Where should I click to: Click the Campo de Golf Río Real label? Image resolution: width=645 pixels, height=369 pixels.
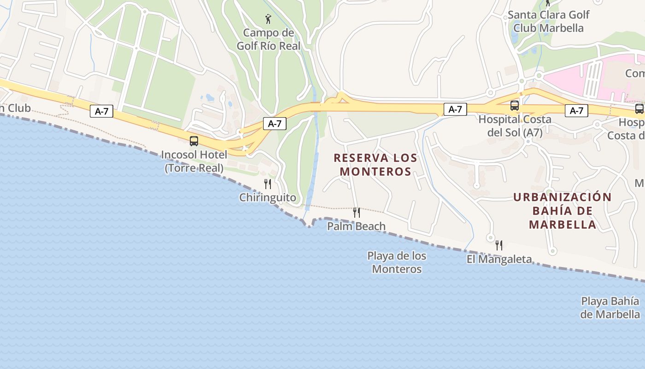click(268, 39)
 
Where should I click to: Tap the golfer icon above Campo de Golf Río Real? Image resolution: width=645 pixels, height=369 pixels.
click(268, 19)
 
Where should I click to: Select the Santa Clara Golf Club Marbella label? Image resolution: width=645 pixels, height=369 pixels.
click(548, 21)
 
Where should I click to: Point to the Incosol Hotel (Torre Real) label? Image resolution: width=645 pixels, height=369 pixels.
click(194, 161)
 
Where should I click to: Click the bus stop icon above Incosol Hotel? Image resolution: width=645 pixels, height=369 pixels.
click(194, 141)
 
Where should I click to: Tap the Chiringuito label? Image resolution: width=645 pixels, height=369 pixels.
click(268, 197)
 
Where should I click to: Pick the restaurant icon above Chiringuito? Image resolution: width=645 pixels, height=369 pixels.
click(268, 184)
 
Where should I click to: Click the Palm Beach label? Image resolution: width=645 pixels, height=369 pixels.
click(356, 226)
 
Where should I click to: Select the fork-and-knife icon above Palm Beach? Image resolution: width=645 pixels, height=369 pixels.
click(356, 213)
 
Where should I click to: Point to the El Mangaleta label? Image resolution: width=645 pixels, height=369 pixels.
click(499, 259)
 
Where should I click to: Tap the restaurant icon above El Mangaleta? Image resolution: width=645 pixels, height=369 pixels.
click(499, 245)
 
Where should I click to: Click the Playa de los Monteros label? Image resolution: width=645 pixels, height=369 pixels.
click(397, 262)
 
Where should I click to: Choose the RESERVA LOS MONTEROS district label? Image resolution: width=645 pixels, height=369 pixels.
click(375, 165)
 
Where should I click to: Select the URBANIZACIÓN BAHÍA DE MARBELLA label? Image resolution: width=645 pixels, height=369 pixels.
click(563, 211)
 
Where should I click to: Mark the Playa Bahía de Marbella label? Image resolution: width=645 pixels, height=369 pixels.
click(610, 308)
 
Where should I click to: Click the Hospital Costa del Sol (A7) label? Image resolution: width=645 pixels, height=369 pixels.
click(515, 126)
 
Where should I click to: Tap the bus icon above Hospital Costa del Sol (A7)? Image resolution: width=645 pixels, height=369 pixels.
click(515, 106)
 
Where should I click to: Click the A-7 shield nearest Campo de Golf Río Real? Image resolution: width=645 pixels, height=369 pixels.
click(275, 124)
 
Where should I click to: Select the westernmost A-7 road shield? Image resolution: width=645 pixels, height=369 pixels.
click(101, 111)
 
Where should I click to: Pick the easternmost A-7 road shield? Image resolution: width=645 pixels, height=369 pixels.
click(576, 111)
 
